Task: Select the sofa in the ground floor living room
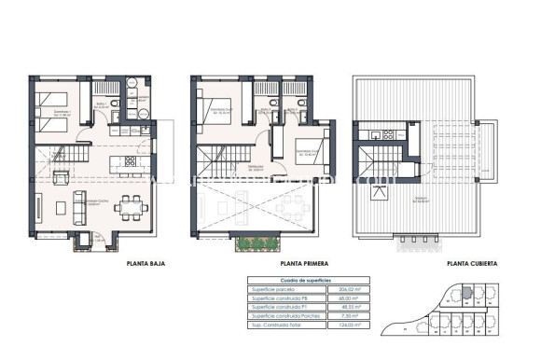tap(61, 176)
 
